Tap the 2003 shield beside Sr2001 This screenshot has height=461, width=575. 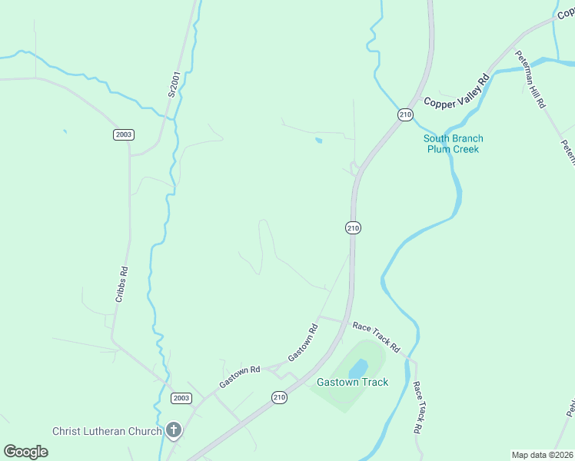coord(123,134)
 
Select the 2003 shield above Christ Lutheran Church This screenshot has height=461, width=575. coord(181,398)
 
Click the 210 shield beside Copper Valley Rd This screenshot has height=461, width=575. coord(405,114)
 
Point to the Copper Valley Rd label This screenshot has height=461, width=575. coord(457,91)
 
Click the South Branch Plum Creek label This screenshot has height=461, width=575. coord(454,144)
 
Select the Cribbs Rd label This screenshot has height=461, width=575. coord(121,284)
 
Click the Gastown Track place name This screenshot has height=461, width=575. coord(352,382)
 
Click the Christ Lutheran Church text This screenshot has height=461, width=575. coord(107,431)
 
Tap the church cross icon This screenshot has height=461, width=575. coord(174,430)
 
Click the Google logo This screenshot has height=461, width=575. coord(25,451)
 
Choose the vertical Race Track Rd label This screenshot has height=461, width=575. coord(417,407)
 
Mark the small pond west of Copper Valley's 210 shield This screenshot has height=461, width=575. coord(318,140)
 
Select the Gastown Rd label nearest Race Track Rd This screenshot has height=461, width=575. coord(303,343)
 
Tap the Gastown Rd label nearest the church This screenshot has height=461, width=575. coord(240,376)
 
